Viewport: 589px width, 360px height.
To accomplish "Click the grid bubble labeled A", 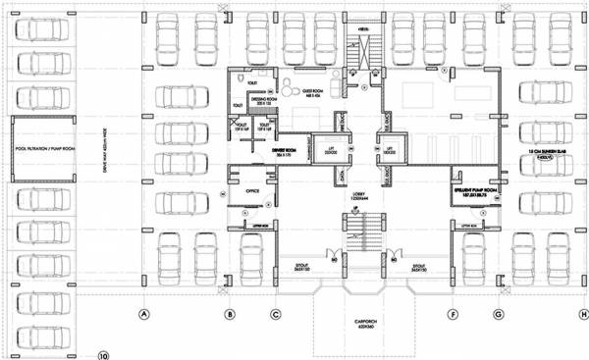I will pyautogui.click(x=143, y=315).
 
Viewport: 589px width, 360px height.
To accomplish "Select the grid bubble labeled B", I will pyautogui.click(x=229, y=315).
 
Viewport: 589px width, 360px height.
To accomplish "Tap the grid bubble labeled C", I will pyautogui.click(x=276, y=315).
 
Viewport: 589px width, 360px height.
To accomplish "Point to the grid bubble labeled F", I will pyautogui.click(x=453, y=315).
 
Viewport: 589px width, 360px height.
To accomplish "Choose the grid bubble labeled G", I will pyautogui.click(x=499, y=315).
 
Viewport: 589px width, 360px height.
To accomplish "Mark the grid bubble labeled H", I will pyautogui.click(x=583, y=315).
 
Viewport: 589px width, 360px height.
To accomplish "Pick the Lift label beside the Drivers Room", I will pyautogui.click(x=331, y=152).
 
